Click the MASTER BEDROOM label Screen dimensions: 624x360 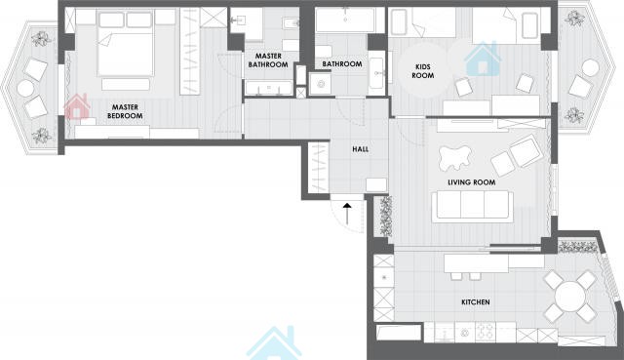coord(125,111)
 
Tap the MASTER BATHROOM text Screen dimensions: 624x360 coord(268,60)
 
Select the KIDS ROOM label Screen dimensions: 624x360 coord(422,71)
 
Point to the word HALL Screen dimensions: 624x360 coord(360,149)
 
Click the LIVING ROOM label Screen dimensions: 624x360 coord(472,182)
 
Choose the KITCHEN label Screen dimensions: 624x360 coord(476,302)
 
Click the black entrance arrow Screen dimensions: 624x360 coord(347,215)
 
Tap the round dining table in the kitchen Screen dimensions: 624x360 coord(570,297)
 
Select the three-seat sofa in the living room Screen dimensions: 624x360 coord(472,206)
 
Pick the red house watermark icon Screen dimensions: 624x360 coord(77,106)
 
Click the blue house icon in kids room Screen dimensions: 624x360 coord(483,59)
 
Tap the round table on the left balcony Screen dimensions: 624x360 coord(25,89)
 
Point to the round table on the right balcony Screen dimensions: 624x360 coord(590,67)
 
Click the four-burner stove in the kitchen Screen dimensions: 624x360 coord(486,332)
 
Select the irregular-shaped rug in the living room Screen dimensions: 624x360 coord(455,158)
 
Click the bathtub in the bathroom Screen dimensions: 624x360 coord(345,20)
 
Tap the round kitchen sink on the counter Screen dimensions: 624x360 coord(464,332)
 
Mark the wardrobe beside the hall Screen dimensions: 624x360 coord(318,168)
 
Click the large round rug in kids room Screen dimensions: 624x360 coord(423,71)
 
